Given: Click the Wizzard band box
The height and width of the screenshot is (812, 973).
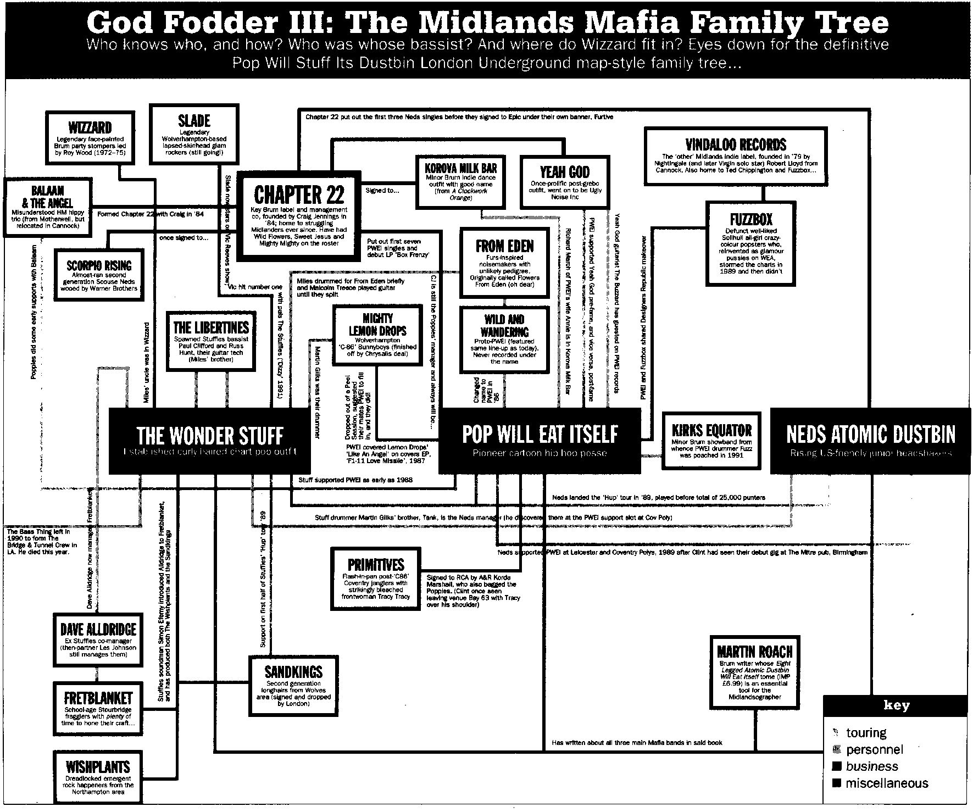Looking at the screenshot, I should [x=90, y=138].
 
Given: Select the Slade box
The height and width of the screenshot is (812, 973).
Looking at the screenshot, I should [x=194, y=135].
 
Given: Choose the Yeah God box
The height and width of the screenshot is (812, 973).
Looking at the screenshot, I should [x=564, y=182].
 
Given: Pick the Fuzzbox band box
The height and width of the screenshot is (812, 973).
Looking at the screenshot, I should [x=750, y=243].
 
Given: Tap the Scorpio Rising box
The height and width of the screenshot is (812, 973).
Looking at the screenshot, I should [x=99, y=275].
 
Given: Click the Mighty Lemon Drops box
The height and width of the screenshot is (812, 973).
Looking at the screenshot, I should [x=377, y=335].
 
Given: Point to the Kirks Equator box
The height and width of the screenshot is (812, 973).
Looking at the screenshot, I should [x=711, y=440].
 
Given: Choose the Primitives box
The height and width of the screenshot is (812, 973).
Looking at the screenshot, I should [x=376, y=577].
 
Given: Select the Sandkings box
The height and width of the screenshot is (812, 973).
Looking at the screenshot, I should [x=293, y=686].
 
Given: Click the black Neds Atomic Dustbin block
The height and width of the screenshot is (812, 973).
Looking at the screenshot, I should [x=870, y=441].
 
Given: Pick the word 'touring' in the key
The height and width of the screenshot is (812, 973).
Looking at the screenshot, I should [x=866, y=732].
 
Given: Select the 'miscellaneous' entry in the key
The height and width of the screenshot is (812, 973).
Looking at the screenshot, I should [x=886, y=783].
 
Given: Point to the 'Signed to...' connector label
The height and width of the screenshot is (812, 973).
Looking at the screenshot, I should [x=382, y=191].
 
